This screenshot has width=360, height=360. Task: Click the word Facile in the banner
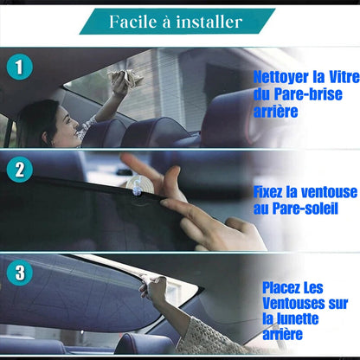pos(133,22)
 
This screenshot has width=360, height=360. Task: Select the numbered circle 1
pos(19,67)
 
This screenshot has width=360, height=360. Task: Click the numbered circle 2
pos(19,170)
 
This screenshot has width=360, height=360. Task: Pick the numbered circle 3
pos(19,273)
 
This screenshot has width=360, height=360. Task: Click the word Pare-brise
pos(308,94)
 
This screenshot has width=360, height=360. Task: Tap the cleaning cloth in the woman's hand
pos(127,77)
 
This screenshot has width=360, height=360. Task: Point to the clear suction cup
pos(140,185)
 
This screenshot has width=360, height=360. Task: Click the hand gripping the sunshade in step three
pos(153,288)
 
